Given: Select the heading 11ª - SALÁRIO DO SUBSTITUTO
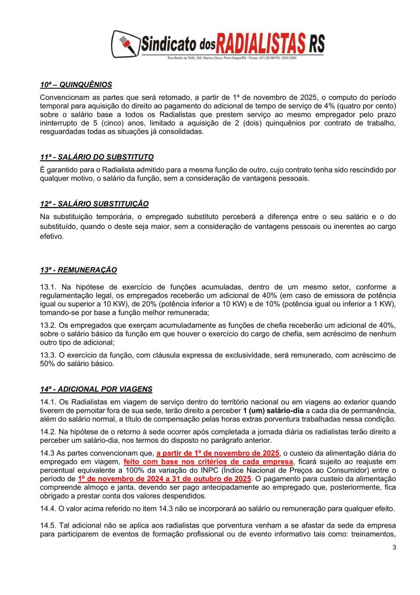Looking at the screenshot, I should click(x=97, y=157).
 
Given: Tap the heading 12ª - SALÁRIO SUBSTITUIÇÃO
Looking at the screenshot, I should click(x=94, y=203).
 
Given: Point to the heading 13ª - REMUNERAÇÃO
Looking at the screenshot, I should click(x=78, y=270).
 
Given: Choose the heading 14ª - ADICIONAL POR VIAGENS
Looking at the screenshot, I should click(x=96, y=389).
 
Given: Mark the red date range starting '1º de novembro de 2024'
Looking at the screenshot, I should click(x=164, y=479).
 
